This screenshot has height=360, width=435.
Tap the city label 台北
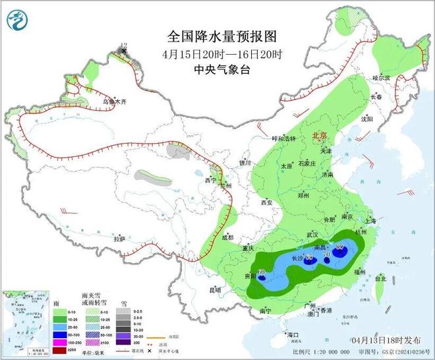point(380,279)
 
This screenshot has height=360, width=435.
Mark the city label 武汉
point(312,235)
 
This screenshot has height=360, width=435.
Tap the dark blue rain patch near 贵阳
point(262,278)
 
